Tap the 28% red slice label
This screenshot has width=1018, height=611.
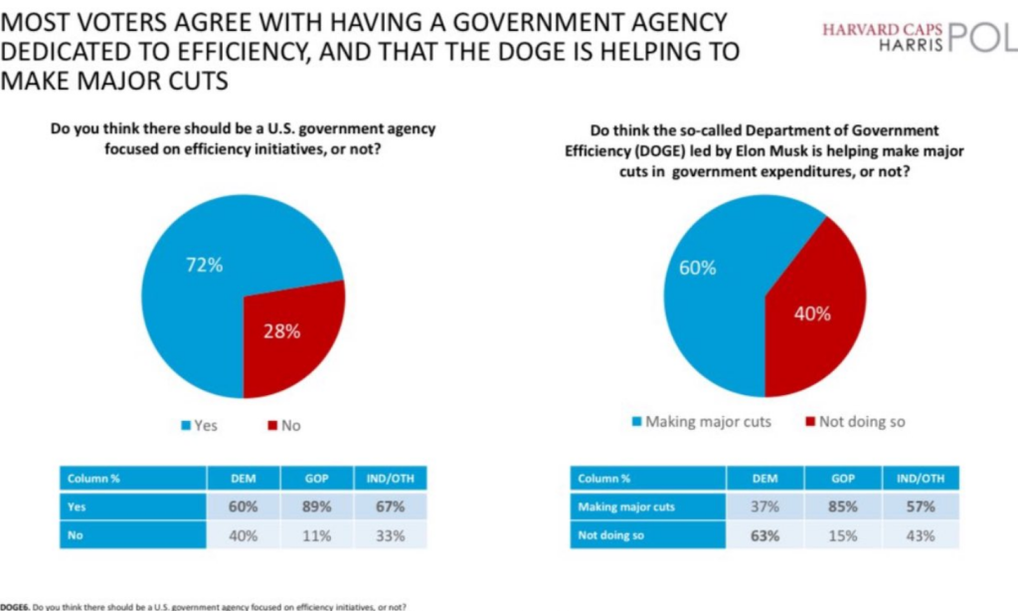pyautogui.click(x=280, y=331)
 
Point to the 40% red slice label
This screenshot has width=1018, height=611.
pyautogui.click(x=811, y=313)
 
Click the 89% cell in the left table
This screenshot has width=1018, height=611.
pyautogui.click(x=317, y=507)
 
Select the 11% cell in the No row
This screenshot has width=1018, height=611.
pyautogui.click(x=317, y=534)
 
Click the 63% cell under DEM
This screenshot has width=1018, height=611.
pyautogui.click(x=764, y=535)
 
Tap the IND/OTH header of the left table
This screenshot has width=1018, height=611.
pyautogui.click(x=390, y=478)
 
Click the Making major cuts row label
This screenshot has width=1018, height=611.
pyautogui.click(x=626, y=507)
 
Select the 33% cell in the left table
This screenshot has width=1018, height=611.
pyautogui.click(x=390, y=534)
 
